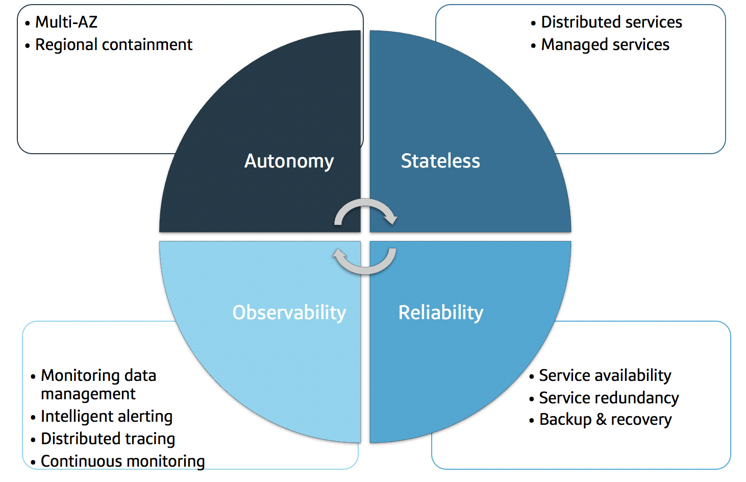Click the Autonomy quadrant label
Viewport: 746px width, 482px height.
pos(289,161)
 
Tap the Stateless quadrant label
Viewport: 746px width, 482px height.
pos(440,161)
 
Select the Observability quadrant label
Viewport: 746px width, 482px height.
pos(289,312)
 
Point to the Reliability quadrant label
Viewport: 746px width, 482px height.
pos(440,312)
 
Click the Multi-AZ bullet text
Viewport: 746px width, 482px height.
pos(66,22)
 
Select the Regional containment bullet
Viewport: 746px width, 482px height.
pos(113,45)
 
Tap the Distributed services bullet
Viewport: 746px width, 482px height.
pos(611,22)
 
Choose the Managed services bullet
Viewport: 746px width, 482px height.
pos(605,45)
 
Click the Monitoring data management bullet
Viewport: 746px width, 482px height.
pos(98,384)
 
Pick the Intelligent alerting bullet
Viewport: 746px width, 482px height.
pos(107,417)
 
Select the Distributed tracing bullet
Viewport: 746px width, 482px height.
pos(108,439)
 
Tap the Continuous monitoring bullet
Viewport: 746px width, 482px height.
pos(122,461)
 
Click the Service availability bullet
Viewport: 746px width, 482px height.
pos(605,376)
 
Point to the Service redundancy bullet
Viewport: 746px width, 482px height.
pos(609,398)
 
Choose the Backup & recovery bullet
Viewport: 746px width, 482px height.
pos(605,420)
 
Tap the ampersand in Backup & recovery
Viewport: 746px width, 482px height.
pos(601,420)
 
